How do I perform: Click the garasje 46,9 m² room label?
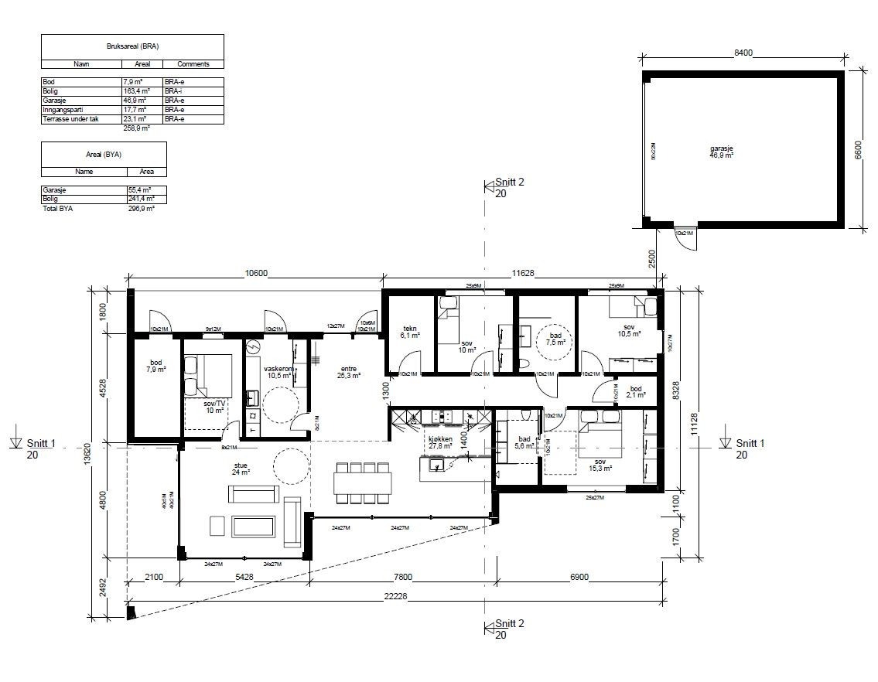pos(722,152)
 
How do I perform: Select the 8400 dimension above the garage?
pos(743,53)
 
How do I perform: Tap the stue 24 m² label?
pos(242,469)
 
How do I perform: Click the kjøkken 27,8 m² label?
pos(439,443)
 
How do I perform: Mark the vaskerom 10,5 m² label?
pos(277,372)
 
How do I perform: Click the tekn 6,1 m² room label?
pos(409,332)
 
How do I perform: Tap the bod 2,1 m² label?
pos(635,392)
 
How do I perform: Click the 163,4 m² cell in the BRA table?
pos(135,90)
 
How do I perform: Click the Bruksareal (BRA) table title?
pos(132,46)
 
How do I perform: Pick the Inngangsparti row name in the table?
pos(65,110)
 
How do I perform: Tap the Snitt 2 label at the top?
pos(509,182)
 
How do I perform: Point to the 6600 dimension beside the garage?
pos(857,148)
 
